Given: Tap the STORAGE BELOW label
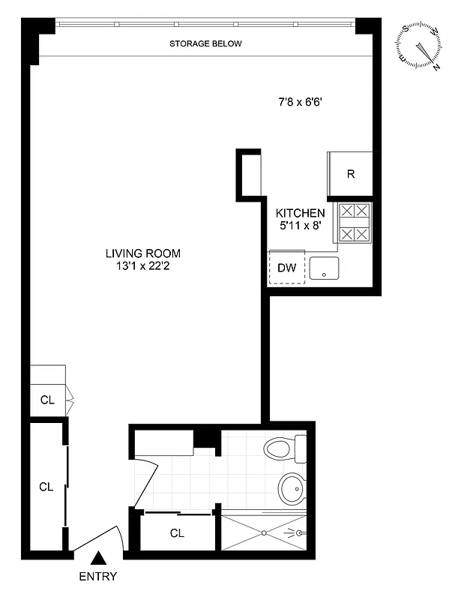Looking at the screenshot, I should [x=205, y=43].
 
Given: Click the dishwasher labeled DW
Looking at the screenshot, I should [x=286, y=267].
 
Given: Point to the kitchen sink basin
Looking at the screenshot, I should [x=324, y=268].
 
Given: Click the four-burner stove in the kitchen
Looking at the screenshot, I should [x=353, y=223].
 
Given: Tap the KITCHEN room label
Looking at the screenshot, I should [x=300, y=213].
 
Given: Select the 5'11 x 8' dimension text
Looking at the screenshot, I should [x=300, y=226].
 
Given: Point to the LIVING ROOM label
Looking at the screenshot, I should [x=142, y=253].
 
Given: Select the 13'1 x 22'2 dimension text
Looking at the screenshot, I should [x=142, y=265].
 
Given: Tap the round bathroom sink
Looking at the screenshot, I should [x=292, y=488].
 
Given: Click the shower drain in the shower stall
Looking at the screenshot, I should [x=264, y=533].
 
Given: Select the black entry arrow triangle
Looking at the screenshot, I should [x=98, y=558].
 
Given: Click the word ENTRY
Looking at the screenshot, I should [x=98, y=577].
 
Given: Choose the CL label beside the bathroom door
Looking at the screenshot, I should [x=177, y=533].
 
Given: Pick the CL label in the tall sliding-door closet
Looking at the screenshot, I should [x=46, y=486].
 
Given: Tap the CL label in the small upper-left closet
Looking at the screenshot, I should [x=47, y=400].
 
